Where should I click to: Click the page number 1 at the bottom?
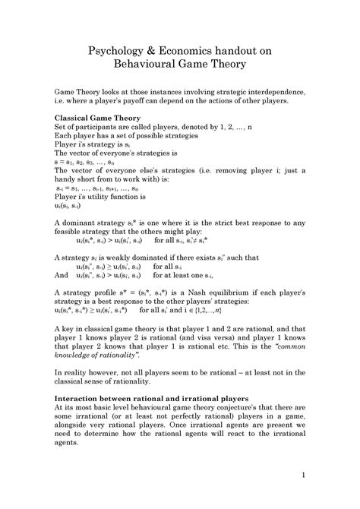[303, 477]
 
